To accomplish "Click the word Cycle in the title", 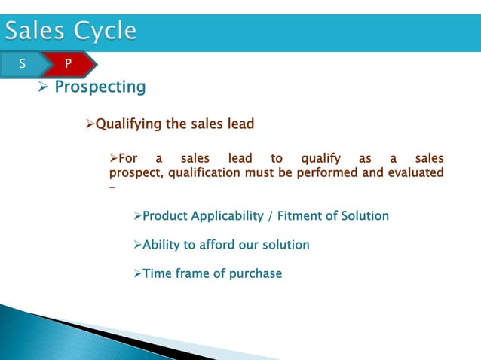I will tap(106, 32).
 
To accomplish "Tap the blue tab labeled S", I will tap(22, 64).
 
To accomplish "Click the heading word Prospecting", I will tap(100, 87).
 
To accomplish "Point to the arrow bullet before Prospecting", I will tap(43, 88).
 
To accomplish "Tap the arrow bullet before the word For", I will tap(115, 159).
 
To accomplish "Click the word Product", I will tap(165, 216).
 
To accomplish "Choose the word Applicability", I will tap(227, 216).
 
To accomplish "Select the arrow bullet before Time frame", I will tap(136, 273).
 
